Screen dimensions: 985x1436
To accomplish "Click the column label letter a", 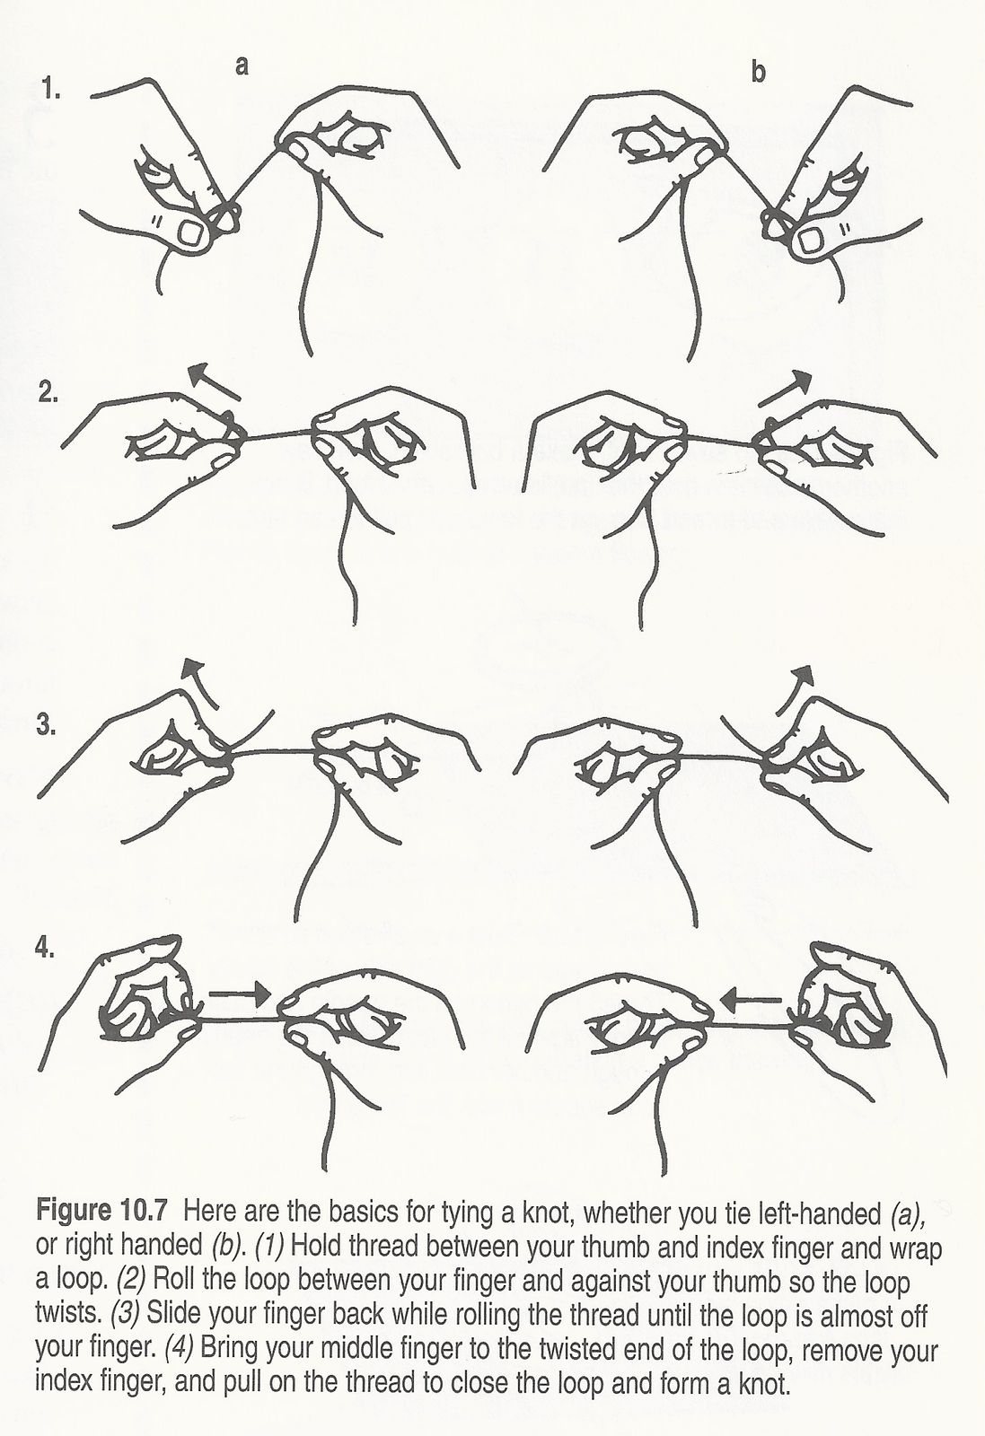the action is (x=242, y=66).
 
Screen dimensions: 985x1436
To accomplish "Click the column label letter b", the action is (x=758, y=72).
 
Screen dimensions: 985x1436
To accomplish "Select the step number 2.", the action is (x=48, y=392).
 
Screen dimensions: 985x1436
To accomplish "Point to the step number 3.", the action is (x=46, y=725).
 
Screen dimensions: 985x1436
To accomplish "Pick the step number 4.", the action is (x=45, y=948).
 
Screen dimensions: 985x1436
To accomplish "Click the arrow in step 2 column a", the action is (x=215, y=381).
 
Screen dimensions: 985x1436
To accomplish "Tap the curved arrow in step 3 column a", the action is (x=200, y=681).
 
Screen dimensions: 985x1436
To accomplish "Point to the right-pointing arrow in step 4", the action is (x=241, y=994).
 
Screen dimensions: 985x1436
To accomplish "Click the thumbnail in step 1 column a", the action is (x=190, y=232).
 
